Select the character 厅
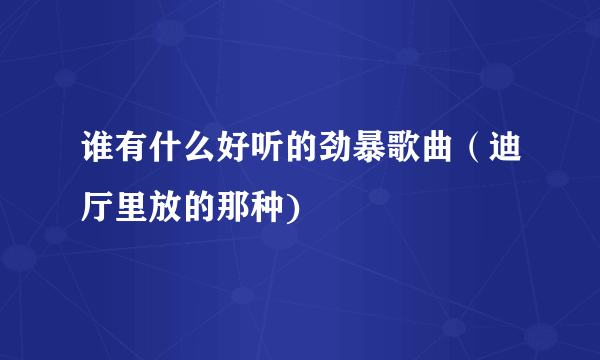pos(97,208)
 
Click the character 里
pos(128,208)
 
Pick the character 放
pos(159,208)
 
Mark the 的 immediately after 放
pos(190,208)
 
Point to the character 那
pos(221,208)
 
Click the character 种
pos(252,208)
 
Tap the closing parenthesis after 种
pos(273,208)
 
